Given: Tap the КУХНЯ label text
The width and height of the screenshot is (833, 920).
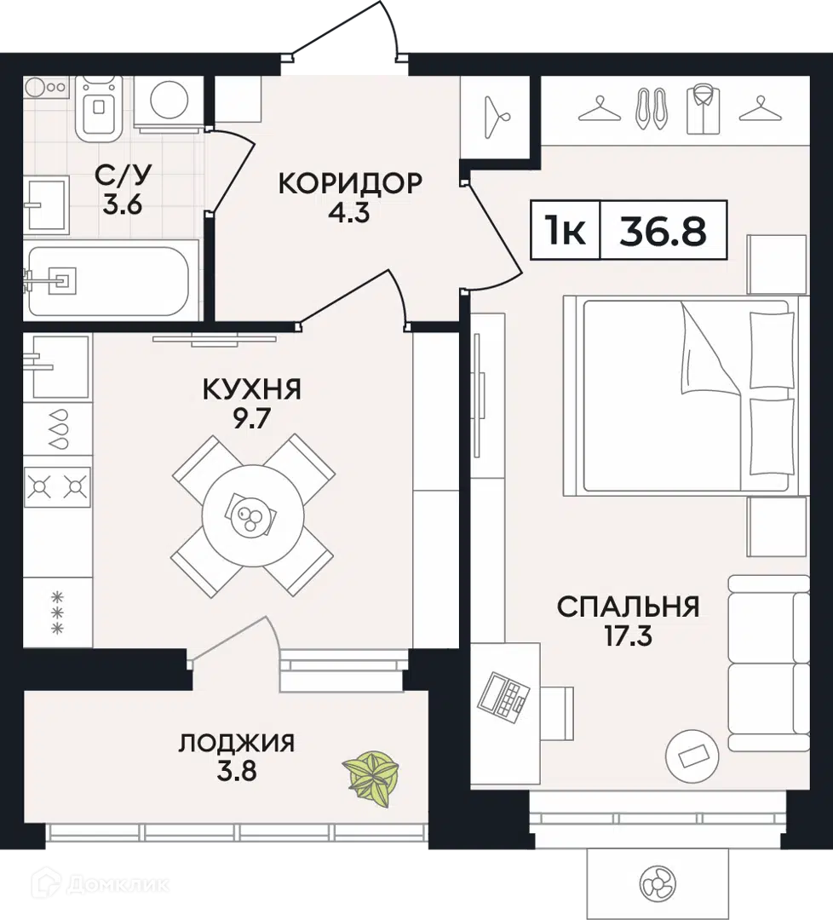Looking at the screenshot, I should pos(251,389).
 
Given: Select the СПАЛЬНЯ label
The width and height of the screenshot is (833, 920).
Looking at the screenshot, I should pos(629,607).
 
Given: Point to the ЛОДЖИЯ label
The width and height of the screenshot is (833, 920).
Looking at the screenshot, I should pos(237,743).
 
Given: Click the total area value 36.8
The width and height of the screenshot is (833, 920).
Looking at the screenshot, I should pos(663,230).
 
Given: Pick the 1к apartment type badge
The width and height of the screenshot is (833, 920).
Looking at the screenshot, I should pos(566,230).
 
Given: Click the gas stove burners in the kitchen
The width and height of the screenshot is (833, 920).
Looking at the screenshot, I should pos(57,487).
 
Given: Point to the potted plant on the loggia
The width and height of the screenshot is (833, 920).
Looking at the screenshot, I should pos(371,773).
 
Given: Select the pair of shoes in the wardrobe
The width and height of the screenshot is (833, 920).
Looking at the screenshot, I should pos(652,109).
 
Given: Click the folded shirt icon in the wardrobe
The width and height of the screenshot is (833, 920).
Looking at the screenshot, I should pos(702,108).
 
